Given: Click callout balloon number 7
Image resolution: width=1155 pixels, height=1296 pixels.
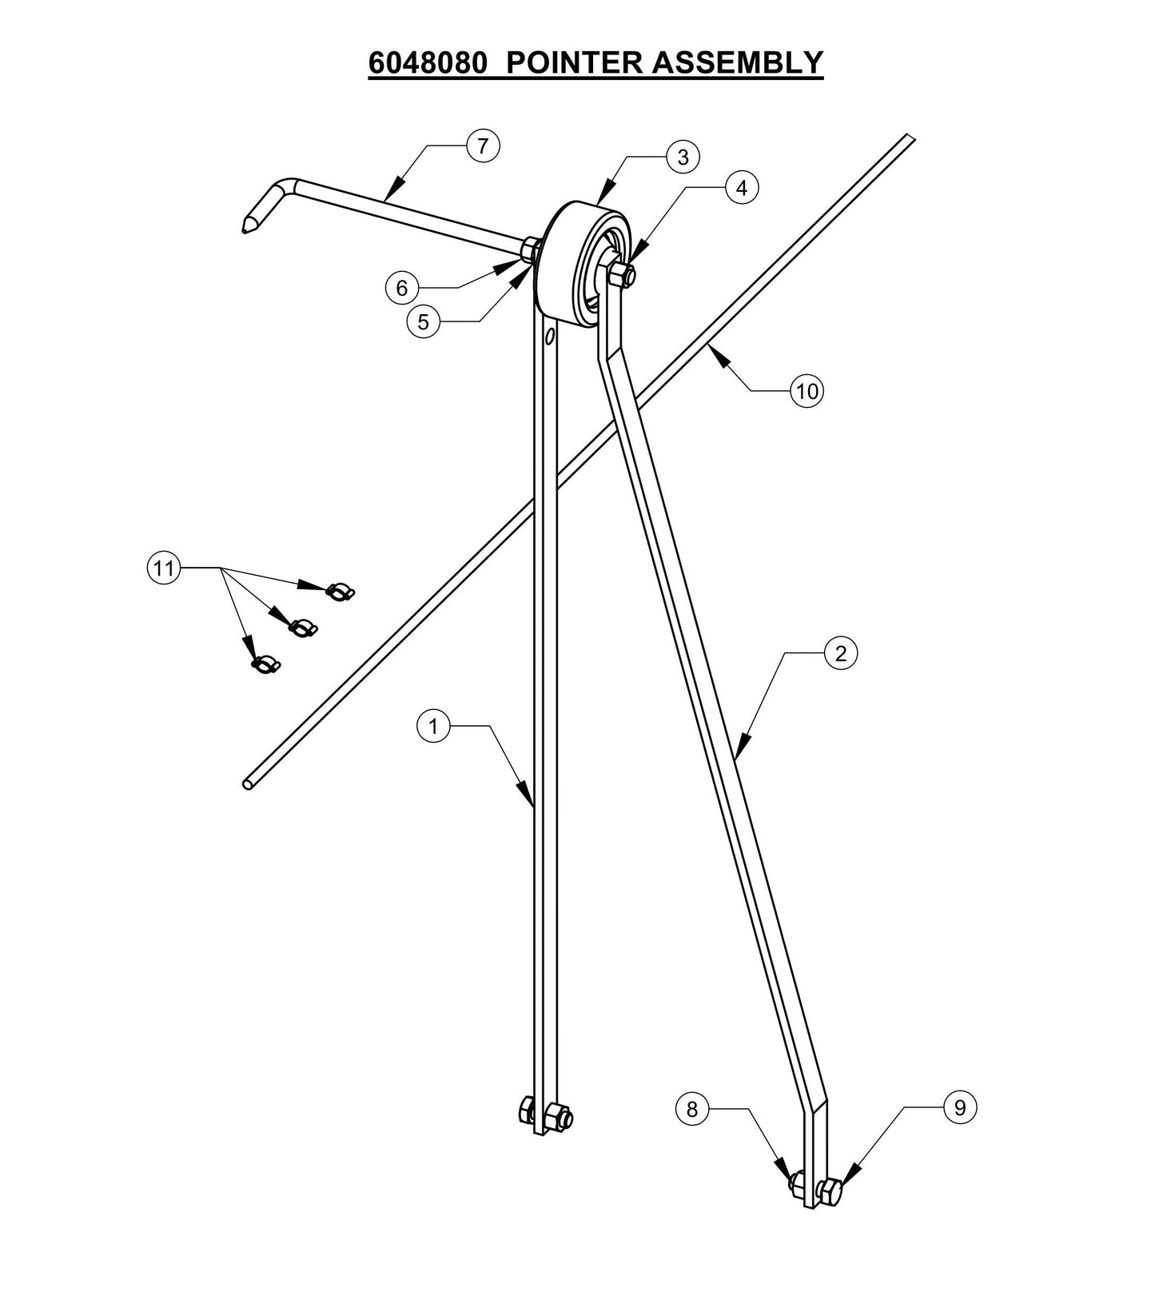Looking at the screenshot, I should (482, 146).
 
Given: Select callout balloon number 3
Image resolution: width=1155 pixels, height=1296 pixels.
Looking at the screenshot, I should (682, 158).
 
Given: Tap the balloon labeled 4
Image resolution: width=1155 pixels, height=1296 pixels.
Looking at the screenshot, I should (742, 188).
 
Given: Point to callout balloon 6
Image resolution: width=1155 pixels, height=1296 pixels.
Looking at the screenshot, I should (402, 287).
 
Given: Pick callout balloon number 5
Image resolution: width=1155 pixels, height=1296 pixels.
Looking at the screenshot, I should (423, 322).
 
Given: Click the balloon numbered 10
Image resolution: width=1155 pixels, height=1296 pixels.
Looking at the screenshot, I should (807, 391).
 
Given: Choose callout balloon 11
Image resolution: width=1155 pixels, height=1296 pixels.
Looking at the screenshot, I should (163, 568).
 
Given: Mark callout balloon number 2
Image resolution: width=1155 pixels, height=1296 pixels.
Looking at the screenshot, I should (840, 653).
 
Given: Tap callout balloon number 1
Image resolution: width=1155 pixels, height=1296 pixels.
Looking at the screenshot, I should (434, 726).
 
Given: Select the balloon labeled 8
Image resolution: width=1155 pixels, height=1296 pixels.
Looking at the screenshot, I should (692, 1109).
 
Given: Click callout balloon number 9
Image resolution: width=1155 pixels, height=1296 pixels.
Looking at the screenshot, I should (960, 1107).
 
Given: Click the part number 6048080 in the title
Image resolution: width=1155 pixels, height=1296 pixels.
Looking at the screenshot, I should (427, 62).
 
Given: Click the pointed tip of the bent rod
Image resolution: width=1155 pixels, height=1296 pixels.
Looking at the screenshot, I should (242, 229).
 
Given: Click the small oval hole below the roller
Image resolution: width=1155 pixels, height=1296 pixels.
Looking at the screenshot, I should (549, 337).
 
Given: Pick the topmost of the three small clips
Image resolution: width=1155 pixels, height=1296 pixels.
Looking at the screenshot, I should (340, 592).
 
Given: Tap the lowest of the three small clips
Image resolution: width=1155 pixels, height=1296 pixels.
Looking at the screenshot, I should (265, 664).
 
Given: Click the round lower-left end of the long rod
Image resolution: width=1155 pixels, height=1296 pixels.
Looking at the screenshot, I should (248, 785).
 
